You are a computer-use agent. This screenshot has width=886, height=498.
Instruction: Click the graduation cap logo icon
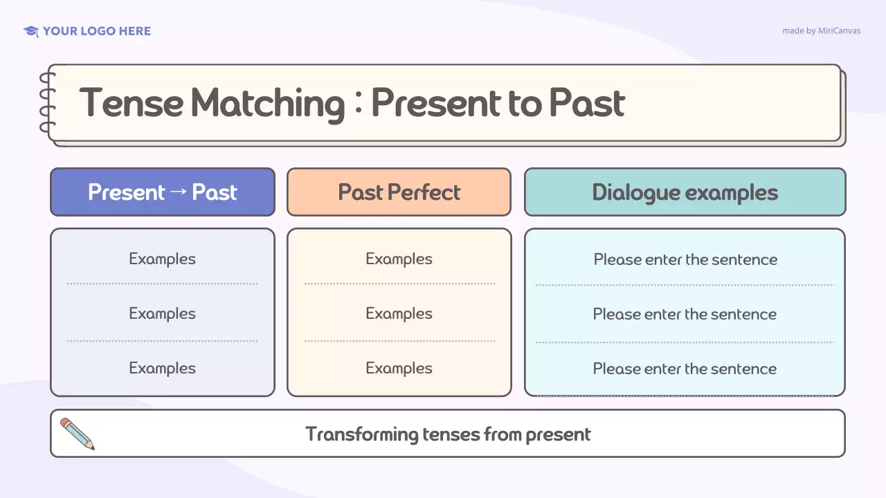30,31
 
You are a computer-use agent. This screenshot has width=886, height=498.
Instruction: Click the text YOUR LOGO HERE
96,31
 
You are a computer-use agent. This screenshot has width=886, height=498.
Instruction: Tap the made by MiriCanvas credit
821,31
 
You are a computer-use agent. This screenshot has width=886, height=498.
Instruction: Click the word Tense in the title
131,103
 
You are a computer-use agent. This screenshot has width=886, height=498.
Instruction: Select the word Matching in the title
267,103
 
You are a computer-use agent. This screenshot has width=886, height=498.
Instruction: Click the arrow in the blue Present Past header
178,192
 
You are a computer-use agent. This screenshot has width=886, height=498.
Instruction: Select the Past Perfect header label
399,192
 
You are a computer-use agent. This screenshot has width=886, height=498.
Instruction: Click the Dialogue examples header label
685,192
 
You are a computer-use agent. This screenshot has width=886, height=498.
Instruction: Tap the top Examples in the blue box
162,259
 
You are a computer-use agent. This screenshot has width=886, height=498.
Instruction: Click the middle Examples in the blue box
162,313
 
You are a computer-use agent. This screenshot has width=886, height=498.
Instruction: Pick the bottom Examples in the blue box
162,368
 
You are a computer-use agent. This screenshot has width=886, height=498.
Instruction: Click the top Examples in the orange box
399,259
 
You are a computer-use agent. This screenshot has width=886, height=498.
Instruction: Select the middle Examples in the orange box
399,313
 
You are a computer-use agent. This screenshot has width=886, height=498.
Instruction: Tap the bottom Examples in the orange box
399,368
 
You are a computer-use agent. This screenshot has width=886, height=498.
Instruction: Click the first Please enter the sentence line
685,260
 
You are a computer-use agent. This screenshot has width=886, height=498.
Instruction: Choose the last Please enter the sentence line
685,369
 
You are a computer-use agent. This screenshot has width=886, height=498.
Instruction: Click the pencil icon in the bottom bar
77,434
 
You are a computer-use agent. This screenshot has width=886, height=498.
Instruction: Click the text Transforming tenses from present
448,434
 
